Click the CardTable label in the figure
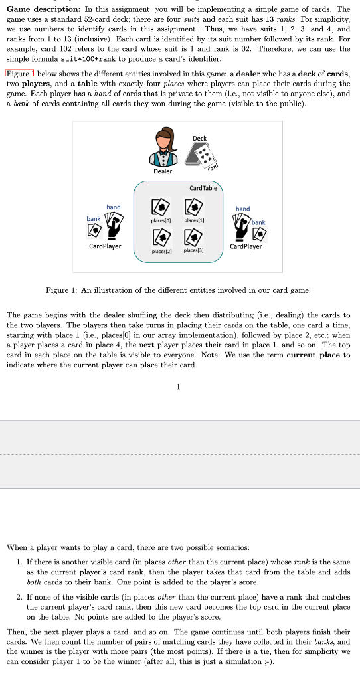tap(203, 187)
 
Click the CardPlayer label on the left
tap(105, 246)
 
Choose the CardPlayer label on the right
tap(245, 246)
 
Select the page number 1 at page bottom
tap(178, 388)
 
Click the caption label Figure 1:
tap(65, 290)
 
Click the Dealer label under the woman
tap(163, 171)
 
